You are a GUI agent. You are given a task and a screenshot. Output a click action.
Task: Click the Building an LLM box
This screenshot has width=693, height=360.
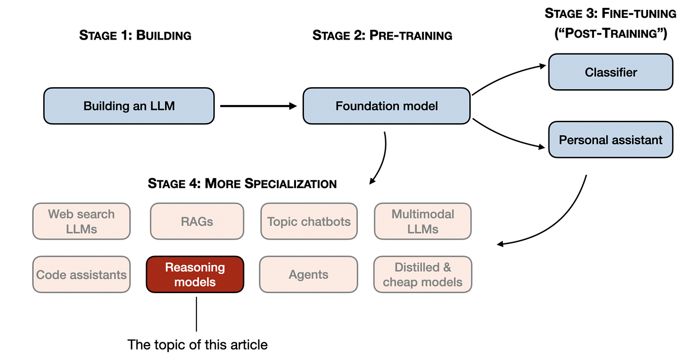tap(129, 106)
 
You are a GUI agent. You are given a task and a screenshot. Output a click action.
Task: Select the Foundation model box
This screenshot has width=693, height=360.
tap(386, 106)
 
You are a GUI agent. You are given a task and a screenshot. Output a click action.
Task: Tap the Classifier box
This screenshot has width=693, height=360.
tap(610, 72)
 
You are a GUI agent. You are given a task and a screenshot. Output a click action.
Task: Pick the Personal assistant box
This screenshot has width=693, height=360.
tap(610, 140)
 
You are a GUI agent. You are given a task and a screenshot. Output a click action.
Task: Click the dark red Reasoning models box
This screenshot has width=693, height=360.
tap(195, 274)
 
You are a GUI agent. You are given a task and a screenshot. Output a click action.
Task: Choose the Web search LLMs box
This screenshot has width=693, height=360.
tap(81, 221)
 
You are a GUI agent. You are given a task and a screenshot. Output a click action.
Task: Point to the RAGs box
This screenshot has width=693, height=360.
tap(197, 221)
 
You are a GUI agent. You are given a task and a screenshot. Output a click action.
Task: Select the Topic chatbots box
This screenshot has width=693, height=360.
tap(309, 221)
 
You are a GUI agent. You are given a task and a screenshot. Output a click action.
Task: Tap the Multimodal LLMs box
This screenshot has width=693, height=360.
tap(423, 221)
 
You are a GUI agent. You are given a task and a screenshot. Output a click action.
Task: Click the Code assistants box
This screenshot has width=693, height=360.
tap(81, 274)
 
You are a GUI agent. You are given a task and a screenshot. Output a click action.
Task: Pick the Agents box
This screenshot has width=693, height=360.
tap(308, 274)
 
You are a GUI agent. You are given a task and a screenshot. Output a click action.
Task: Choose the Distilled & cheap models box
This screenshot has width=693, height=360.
tap(423, 274)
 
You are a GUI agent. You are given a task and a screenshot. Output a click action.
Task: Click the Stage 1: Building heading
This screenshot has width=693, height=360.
tap(135, 35)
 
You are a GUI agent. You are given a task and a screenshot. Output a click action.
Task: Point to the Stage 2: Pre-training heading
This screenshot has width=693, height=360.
tap(382, 35)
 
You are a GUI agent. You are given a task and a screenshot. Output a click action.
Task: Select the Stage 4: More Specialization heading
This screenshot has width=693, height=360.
tap(242, 184)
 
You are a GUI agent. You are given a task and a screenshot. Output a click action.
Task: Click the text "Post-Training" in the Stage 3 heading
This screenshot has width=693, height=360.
tap(610, 34)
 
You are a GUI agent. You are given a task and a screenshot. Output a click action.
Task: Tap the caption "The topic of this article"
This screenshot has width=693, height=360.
tap(198, 344)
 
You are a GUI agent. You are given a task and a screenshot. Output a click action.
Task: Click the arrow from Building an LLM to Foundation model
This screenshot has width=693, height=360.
tap(257, 106)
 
